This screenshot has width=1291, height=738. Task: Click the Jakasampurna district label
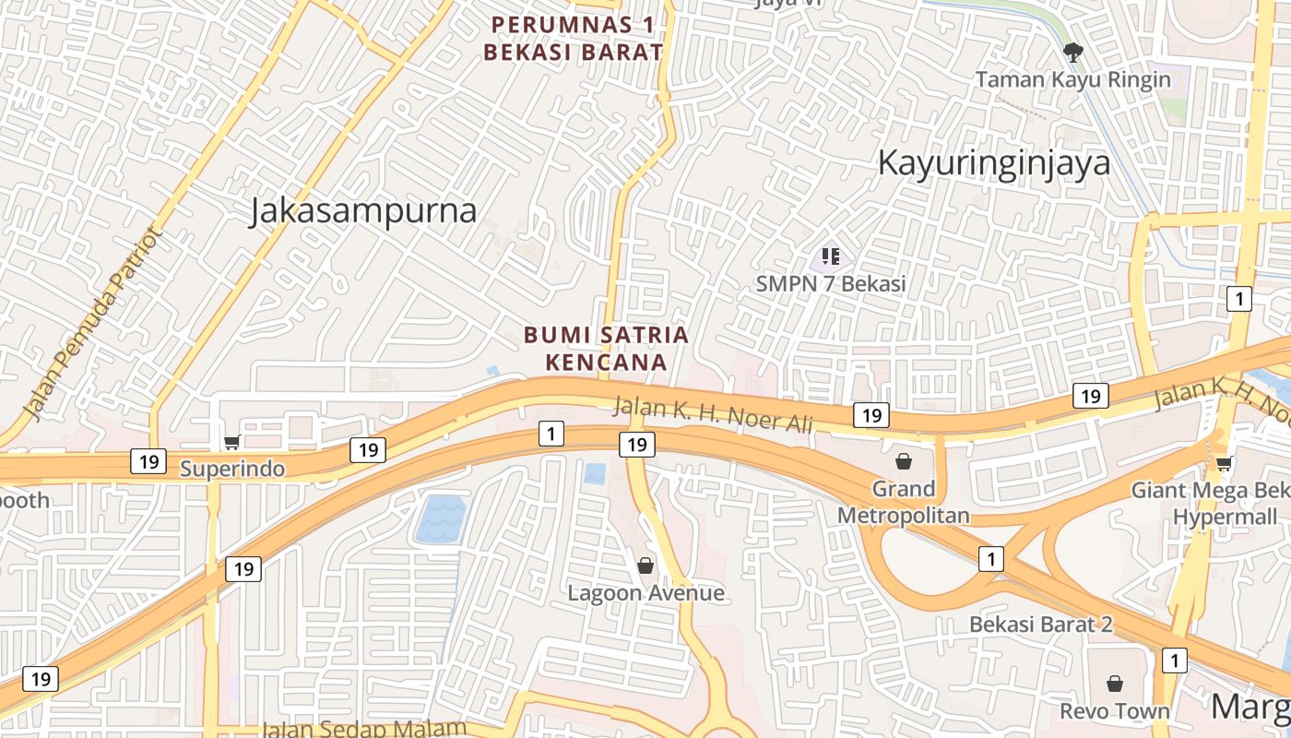pyautogui.click(x=363, y=211)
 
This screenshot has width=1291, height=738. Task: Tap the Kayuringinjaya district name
pyautogui.click(x=993, y=163)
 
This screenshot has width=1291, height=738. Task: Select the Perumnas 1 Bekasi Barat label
pyautogui.click(x=573, y=38)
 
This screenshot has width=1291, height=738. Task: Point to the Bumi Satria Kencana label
pyautogui.click(x=607, y=348)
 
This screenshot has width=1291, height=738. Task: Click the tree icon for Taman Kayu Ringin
pyautogui.click(x=1072, y=52)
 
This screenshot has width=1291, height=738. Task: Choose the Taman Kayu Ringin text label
pyautogui.click(x=1072, y=79)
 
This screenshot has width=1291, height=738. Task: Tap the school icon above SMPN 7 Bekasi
pyautogui.click(x=831, y=256)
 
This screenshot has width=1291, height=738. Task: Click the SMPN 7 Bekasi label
pyautogui.click(x=831, y=284)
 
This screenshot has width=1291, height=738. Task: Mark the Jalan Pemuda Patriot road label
pyautogui.click(x=93, y=323)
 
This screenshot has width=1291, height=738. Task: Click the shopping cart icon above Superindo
pyautogui.click(x=231, y=443)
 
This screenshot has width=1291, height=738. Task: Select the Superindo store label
pyautogui.click(x=231, y=469)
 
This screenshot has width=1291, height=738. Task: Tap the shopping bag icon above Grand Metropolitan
pyautogui.click(x=903, y=461)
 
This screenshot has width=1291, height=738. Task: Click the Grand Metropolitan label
pyautogui.click(x=903, y=502)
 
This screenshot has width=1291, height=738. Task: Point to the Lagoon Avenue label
pyautogui.click(x=645, y=593)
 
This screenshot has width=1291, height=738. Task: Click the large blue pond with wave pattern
pyautogui.click(x=440, y=519)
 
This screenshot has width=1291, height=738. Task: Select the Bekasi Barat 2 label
pyautogui.click(x=1040, y=625)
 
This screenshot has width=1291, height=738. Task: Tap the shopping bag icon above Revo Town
pyautogui.click(x=1115, y=684)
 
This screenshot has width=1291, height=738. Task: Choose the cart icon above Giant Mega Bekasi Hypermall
pyautogui.click(x=1224, y=463)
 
